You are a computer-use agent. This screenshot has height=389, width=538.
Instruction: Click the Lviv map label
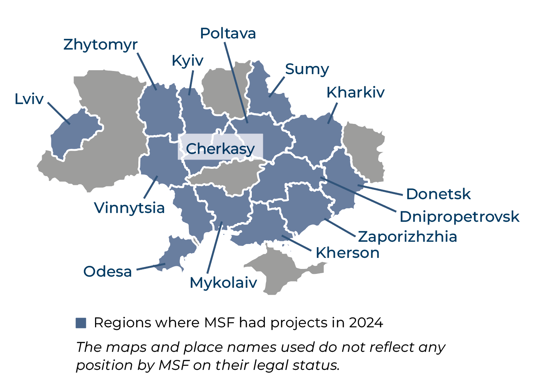pyautogui.click(x=29, y=99)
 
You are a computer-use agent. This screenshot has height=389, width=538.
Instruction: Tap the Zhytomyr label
pyautogui.click(x=100, y=45)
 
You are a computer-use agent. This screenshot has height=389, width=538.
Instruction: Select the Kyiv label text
pyautogui.click(x=187, y=61)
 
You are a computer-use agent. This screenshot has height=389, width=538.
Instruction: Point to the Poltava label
pyautogui.click(x=228, y=33)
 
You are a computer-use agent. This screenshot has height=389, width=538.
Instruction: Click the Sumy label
pyautogui.click(x=307, y=69)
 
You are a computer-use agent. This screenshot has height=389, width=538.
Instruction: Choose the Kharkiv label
pyautogui.click(x=356, y=92)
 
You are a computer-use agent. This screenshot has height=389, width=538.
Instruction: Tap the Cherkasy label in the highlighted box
pyautogui.click(x=220, y=148)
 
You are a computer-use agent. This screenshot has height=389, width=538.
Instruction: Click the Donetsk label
pyautogui.click(x=438, y=194)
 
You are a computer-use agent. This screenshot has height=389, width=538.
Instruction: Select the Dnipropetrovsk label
pyautogui.click(x=459, y=217)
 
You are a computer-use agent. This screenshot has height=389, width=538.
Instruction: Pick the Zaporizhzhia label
pyautogui.click(x=407, y=237)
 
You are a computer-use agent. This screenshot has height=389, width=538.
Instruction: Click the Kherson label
pyautogui.click(x=348, y=253)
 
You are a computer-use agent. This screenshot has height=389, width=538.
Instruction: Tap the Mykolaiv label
pyautogui.click(x=223, y=283)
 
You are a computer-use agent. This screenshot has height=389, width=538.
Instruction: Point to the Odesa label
pyautogui.click(x=108, y=271)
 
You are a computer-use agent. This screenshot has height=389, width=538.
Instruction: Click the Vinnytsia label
pyautogui.click(x=130, y=208)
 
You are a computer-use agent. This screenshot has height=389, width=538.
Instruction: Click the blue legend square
pyautogui.click(x=81, y=323)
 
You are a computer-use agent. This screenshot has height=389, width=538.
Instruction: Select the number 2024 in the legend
pyautogui.click(x=366, y=323)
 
